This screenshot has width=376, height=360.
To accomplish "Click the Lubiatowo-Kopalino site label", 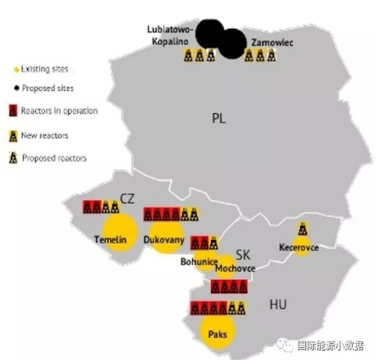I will point(170,35).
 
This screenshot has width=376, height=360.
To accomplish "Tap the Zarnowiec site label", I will point(272,40).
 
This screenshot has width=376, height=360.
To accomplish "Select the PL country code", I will point(219,118).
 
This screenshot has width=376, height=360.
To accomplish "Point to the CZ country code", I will point(127,197).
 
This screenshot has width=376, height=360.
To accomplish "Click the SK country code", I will point(243,254).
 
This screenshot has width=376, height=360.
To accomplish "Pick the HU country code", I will point(278,304).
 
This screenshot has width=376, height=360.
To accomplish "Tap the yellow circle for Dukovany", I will point(165,239).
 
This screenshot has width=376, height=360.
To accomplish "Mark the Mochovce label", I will point(235,268).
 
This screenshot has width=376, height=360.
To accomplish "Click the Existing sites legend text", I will point(44,69).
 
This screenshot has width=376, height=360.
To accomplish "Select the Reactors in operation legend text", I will point(59,111).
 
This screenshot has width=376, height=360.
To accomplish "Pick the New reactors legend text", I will point(44,134).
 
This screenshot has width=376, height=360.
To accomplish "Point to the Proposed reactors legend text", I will point(54,157).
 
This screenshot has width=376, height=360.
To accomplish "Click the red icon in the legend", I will point(13,111).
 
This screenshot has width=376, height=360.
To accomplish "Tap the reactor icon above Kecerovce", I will point(302,229).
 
